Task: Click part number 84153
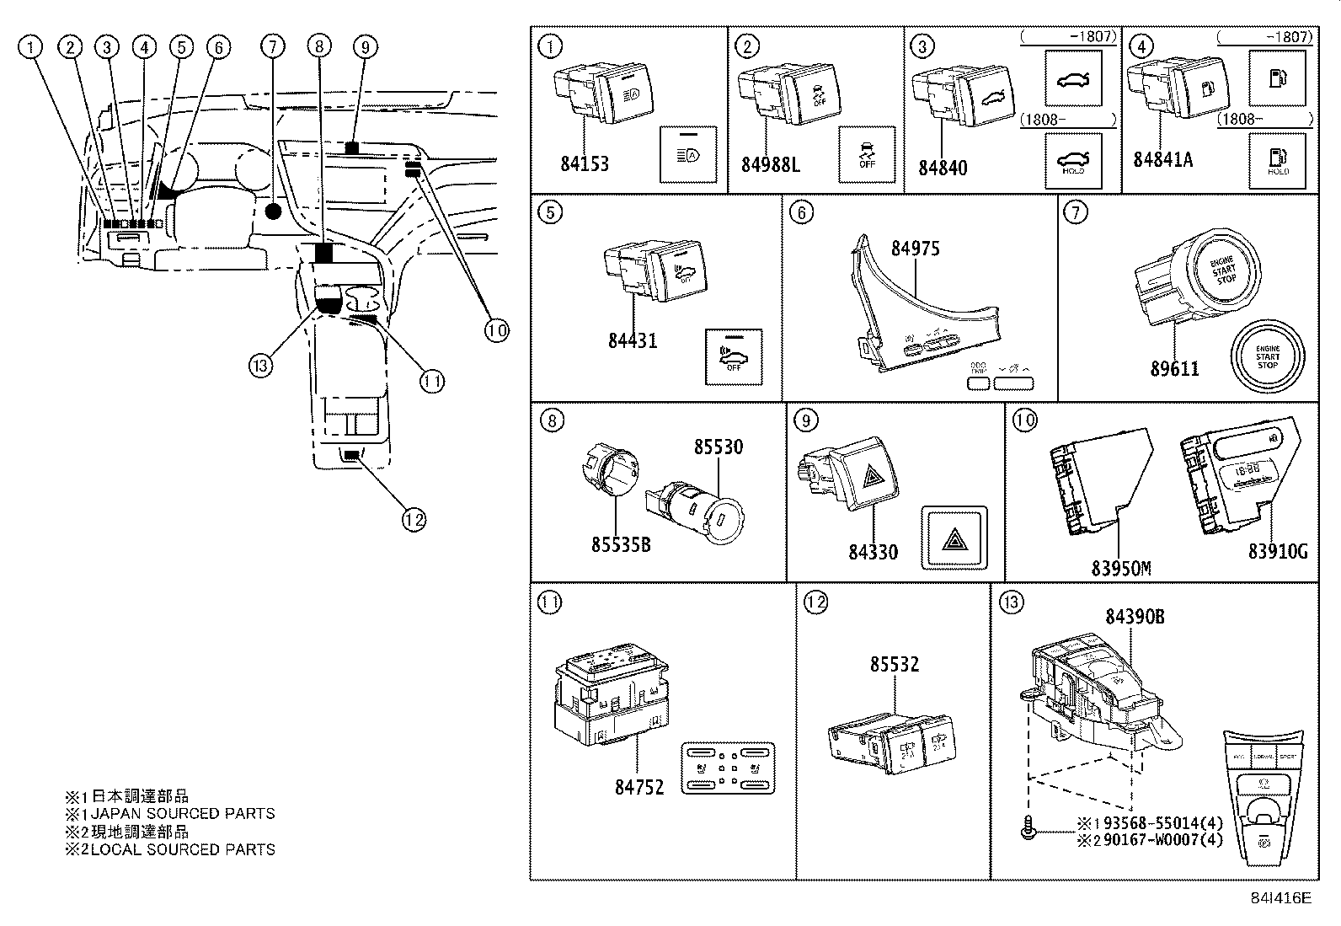pos(584,164)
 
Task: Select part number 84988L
pos(770,164)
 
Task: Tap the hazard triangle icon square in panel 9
pos(954,538)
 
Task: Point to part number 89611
pos(1174,369)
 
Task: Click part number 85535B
pos(620,545)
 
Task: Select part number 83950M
pos(1120,569)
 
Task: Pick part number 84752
pos(638,787)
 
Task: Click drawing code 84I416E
pos(1280,897)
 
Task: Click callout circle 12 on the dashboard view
pos(414,519)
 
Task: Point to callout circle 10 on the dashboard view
pos(496,330)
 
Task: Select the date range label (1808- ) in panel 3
pos(1068,120)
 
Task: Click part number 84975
pos(915,249)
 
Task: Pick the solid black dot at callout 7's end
pos(272,211)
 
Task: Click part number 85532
pos(894,665)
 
